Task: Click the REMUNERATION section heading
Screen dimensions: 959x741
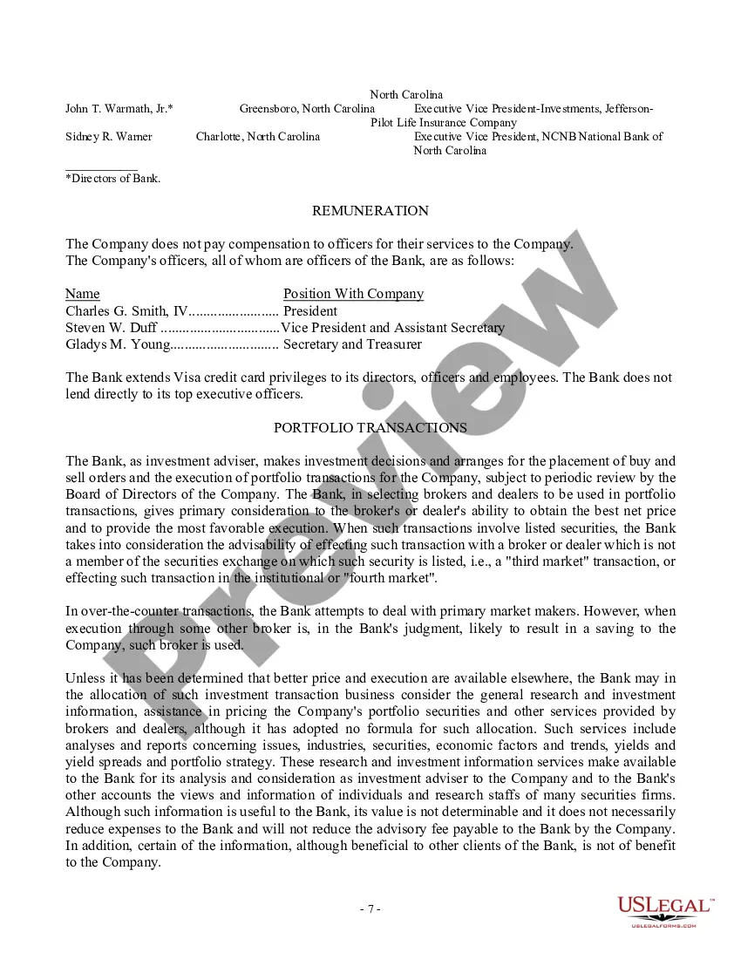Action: (x=370, y=211)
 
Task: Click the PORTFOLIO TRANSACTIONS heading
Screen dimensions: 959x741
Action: (x=370, y=428)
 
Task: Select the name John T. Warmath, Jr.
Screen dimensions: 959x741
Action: (x=119, y=109)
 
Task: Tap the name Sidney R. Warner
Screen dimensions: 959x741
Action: (x=109, y=137)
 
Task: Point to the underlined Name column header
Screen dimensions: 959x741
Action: (x=83, y=294)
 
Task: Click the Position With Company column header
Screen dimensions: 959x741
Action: (x=353, y=294)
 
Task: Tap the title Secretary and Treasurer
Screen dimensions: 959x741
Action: (x=352, y=344)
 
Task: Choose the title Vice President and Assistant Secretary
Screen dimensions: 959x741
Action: (x=393, y=328)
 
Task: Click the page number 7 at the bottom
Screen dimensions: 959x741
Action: (x=370, y=909)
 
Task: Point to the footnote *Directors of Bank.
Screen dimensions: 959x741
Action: (x=112, y=179)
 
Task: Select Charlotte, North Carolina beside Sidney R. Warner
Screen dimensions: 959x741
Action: (x=257, y=137)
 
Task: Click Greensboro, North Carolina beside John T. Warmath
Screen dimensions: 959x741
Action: (x=307, y=109)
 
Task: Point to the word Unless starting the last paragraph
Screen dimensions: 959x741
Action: (x=85, y=678)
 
